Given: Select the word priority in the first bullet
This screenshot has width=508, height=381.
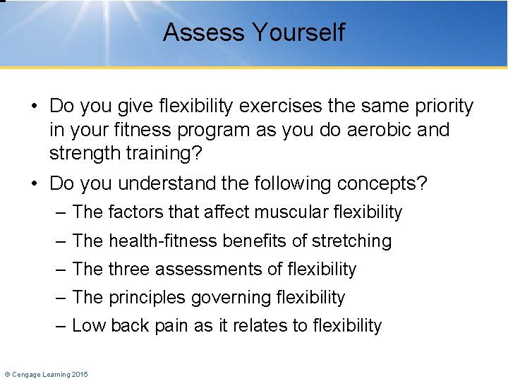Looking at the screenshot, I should pos(439,107).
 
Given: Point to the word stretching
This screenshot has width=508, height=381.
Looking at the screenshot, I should pos(351,241).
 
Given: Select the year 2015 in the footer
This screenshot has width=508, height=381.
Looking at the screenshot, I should pos(79,374).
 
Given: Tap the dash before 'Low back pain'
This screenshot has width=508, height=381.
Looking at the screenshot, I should pos(61,326).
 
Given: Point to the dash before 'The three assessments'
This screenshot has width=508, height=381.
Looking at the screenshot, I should pos(61,270).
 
